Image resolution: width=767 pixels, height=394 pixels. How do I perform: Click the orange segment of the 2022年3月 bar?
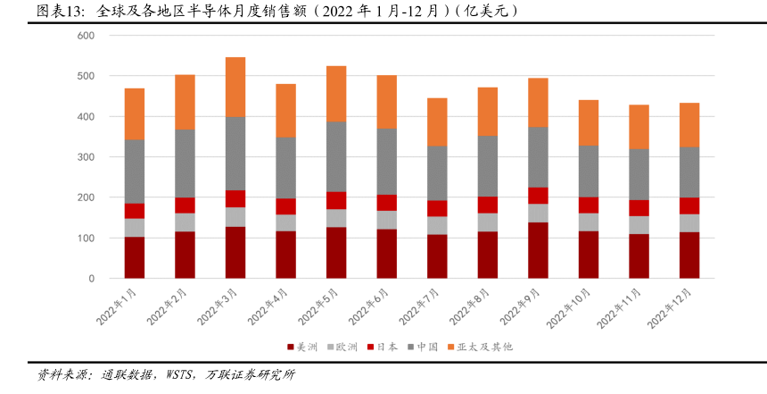pyautogui.click(x=235, y=87)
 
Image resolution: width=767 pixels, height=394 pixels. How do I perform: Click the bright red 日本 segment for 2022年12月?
pyautogui.click(x=689, y=205)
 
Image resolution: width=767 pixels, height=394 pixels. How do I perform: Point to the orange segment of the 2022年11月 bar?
pyautogui.click(x=639, y=127)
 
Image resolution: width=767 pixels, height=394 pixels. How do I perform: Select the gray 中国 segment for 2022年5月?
pyautogui.click(x=336, y=156)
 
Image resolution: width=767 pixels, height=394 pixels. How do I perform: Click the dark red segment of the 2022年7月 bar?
pyautogui.click(x=437, y=256)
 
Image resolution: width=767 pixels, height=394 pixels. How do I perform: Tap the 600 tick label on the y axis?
pyautogui.click(x=86, y=36)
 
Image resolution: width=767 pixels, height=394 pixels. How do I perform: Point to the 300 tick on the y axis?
pyautogui.click(x=86, y=157)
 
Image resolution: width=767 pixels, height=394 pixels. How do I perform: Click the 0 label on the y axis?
pyautogui.click(x=91, y=279)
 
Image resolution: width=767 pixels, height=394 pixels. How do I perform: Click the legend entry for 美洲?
pyautogui.click(x=302, y=347)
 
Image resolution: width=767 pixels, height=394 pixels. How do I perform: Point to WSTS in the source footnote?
pyautogui.click(x=175, y=375)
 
